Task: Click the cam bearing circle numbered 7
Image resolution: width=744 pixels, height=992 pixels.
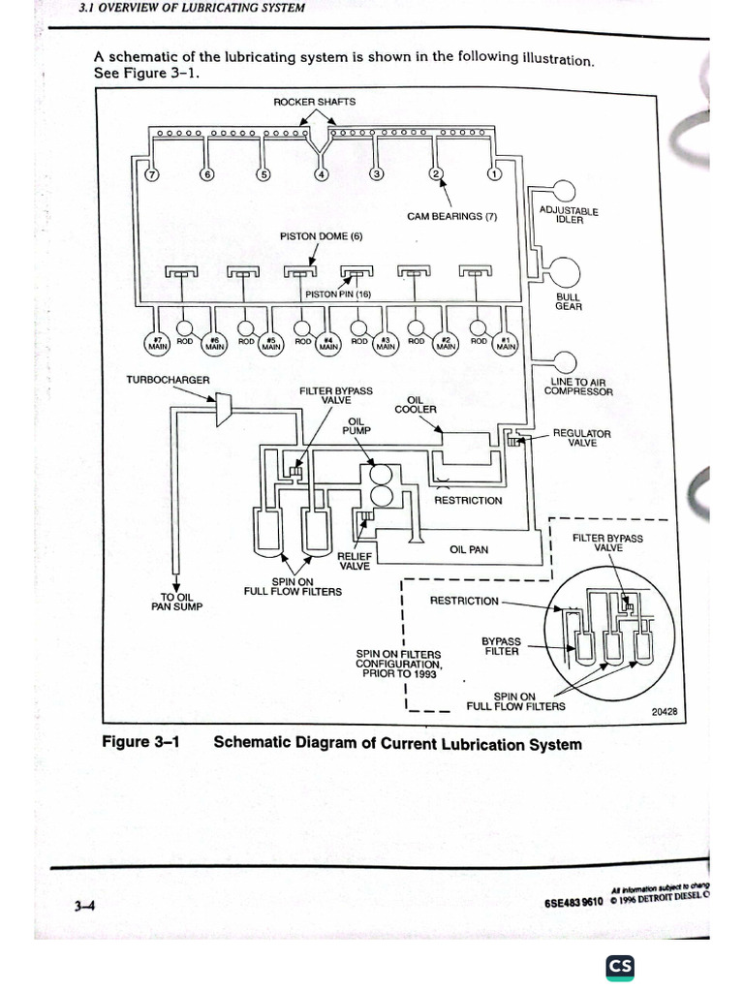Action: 150,175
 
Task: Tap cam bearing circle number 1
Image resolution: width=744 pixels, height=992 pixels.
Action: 493,175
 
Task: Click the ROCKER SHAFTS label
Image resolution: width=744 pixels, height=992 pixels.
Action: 315,102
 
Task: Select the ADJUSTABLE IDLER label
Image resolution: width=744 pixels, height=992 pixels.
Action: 569,214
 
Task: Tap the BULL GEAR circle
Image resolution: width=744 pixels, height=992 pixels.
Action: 563,272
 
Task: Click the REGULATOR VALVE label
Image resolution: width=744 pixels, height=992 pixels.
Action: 581,438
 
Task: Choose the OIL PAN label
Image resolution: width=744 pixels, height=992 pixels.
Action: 470,549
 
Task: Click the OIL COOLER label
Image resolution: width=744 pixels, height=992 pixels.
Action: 415,404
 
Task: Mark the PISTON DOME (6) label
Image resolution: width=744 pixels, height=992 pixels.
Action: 321,236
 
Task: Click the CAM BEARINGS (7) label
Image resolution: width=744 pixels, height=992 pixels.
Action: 451,216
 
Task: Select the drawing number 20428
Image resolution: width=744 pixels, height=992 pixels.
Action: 664,712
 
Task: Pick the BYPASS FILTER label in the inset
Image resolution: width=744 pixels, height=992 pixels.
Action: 502,646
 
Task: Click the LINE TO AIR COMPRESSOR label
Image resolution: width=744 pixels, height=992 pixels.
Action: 578,387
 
